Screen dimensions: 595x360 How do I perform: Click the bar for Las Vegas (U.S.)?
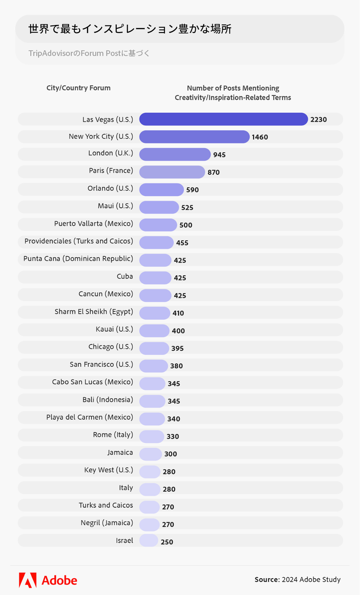223,119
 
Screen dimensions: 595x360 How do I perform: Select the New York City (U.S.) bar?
194,137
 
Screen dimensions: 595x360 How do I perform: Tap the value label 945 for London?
219,155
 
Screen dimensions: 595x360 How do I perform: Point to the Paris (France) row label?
111,171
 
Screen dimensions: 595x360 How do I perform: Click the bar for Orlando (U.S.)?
161,190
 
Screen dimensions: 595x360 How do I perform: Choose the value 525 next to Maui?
187,207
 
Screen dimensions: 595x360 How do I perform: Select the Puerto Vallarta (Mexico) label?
94,224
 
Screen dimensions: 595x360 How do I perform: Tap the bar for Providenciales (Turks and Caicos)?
156,242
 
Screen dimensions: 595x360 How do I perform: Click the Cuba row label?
125,276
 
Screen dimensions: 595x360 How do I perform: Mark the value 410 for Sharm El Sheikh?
178,313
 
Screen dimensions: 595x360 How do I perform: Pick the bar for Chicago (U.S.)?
154,348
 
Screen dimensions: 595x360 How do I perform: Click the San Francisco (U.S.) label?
101,365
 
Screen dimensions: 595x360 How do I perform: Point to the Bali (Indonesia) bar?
152,401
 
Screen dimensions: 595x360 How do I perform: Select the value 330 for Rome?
172,436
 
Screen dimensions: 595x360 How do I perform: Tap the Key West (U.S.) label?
108,470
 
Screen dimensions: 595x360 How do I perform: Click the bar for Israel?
149,541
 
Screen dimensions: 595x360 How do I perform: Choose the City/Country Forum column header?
78,88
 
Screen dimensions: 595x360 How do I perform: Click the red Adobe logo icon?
27,580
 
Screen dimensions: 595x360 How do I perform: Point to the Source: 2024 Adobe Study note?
297,580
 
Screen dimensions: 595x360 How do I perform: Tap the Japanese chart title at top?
130,29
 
